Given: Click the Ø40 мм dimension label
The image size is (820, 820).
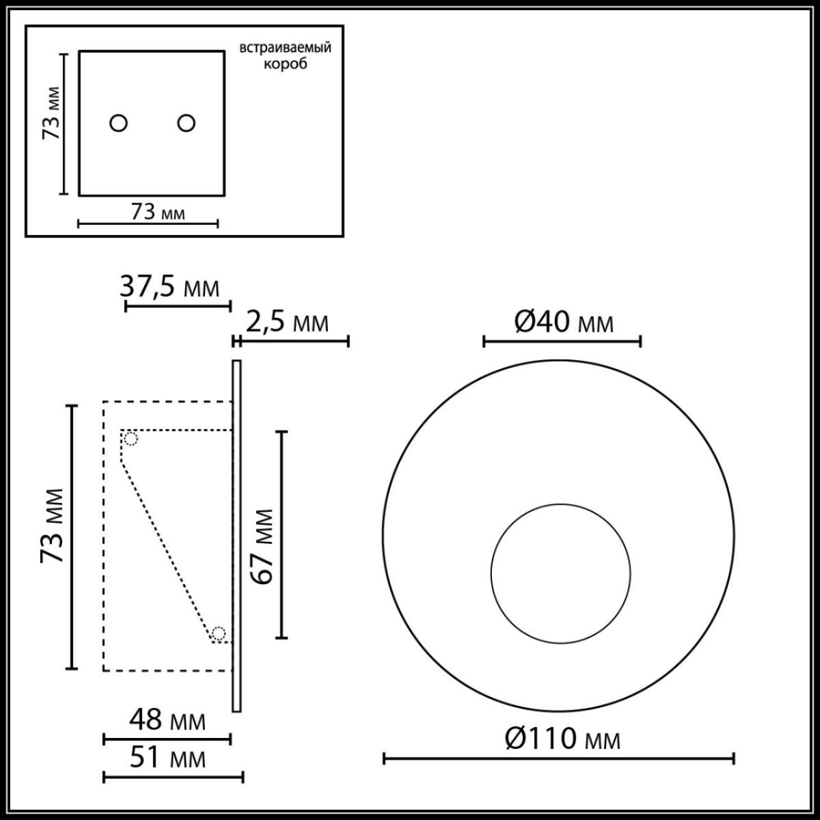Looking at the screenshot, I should click(x=563, y=320).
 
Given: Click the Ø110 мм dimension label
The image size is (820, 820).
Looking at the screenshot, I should click(x=563, y=739).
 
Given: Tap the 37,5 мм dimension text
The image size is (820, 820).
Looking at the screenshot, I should click(x=170, y=287).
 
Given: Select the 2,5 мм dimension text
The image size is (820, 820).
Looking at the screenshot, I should click(x=287, y=323).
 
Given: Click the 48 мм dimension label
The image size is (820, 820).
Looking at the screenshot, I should click(x=167, y=720).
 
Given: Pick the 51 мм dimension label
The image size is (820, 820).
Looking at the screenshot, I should click(x=167, y=758).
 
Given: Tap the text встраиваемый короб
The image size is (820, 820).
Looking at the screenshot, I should click(x=285, y=56).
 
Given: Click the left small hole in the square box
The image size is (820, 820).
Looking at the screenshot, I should click(x=119, y=123).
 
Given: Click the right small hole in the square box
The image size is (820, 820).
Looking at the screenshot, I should click(x=186, y=123).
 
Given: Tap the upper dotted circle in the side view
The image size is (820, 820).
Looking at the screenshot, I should click(x=131, y=439).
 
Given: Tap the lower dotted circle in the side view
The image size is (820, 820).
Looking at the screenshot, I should click(x=218, y=633).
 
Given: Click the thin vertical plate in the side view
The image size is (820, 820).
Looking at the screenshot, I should click(x=236, y=536).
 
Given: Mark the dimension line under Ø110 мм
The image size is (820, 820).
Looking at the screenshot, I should click(x=558, y=758).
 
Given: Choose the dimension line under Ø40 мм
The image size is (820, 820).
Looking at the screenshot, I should click(x=562, y=340).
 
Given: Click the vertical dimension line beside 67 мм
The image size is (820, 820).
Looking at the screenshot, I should click(x=281, y=535).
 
